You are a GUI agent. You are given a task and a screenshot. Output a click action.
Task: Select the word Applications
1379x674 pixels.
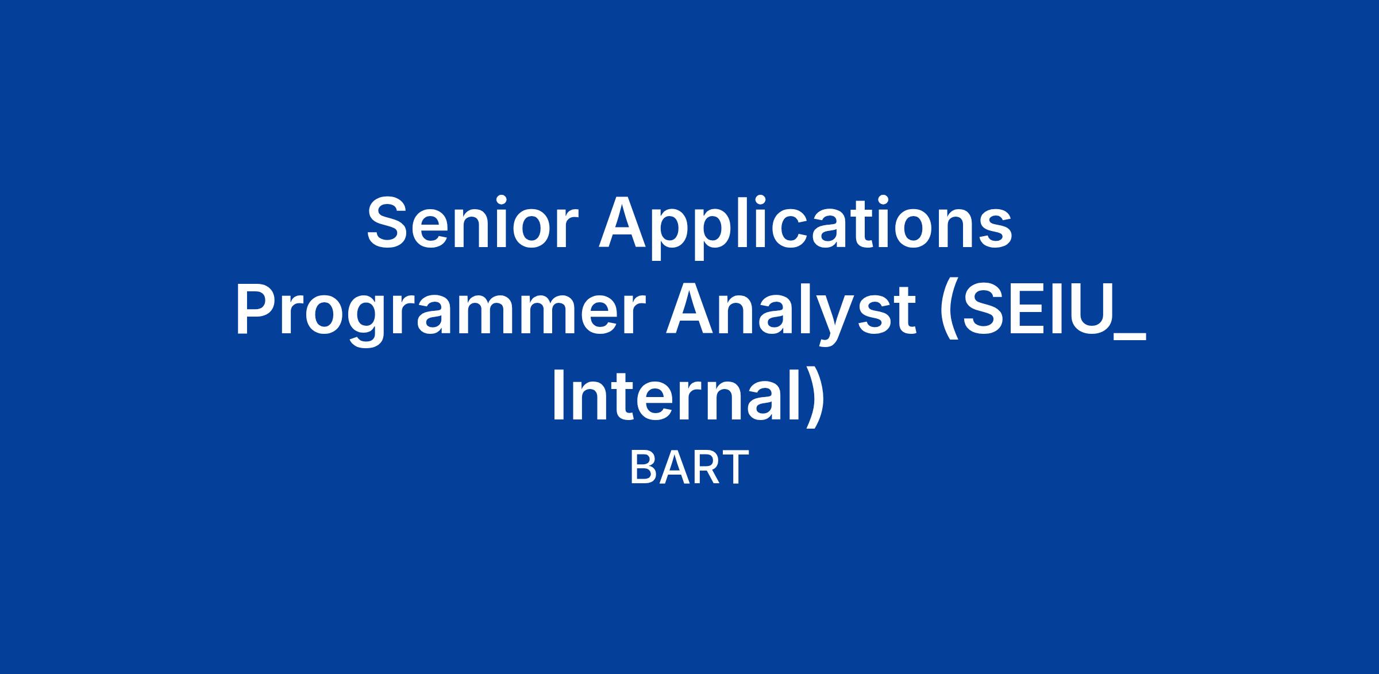[805, 229]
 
